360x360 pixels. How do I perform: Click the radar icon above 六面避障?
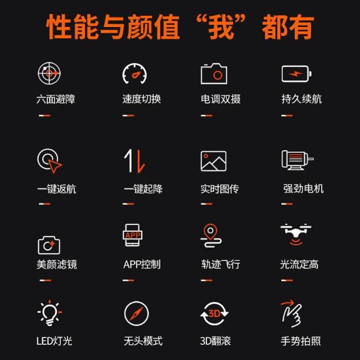point(49,74)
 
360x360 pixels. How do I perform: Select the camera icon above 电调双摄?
point(214,74)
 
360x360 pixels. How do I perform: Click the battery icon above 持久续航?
point(296,74)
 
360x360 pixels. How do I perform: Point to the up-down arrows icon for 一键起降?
point(134,161)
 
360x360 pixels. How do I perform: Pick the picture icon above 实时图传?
point(214,161)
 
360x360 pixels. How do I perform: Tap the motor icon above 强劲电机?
point(298,160)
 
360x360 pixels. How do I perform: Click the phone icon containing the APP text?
point(133,235)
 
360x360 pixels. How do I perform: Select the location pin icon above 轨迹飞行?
point(211,236)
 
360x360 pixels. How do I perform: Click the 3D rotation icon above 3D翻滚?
point(214,314)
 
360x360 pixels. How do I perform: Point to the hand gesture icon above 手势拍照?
point(291,314)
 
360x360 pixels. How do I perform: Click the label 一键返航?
point(57,189)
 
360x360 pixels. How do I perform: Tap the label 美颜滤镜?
point(57,264)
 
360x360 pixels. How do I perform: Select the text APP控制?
point(142,264)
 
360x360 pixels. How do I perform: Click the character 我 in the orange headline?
point(220,27)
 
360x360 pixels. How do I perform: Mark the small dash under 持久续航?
point(287,115)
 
